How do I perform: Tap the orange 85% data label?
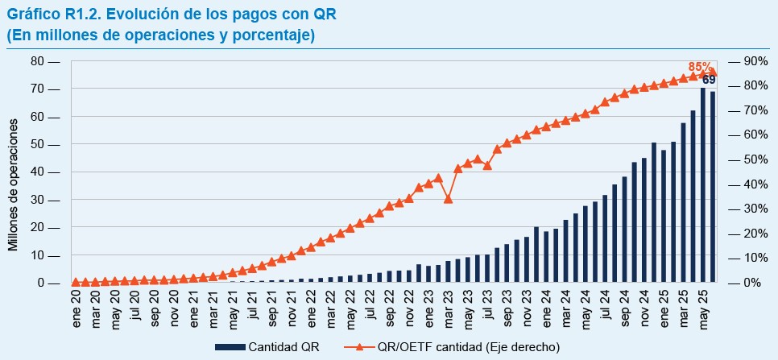(x=699, y=67)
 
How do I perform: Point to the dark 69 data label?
(x=709, y=80)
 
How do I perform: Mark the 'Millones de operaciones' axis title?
(x=14, y=184)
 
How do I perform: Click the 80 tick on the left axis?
(x=37, y=61)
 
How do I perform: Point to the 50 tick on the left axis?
(x=37, y=145)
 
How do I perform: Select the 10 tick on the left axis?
(x=37, y=255)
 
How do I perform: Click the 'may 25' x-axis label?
(x=703, y=307)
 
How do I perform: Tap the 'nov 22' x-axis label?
(x=409, y=307)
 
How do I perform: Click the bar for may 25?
(x=703, y=185)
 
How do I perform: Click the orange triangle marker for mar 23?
(x=449, y=198)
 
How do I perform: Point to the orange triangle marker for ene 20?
(x=76, y=282)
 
